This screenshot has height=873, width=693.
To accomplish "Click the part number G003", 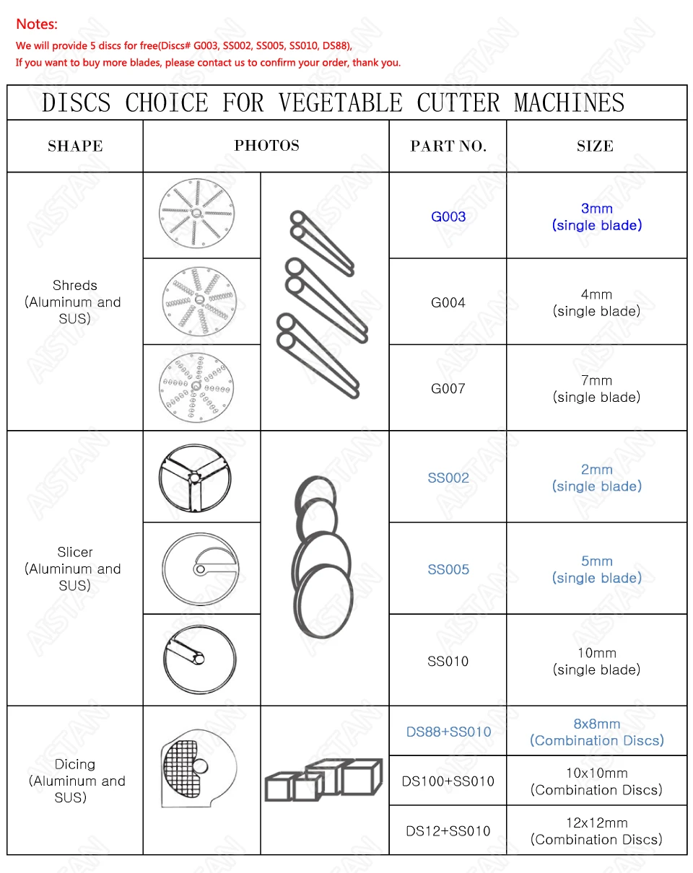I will pos(448,216).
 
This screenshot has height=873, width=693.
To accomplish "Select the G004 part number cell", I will pos(448,302).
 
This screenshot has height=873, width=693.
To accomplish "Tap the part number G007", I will pos(448,388).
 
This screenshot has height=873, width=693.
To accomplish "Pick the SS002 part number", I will pos(448,478).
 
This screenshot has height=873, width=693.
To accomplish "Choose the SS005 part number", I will pos(448,569).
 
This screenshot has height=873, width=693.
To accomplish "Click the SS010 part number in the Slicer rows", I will pos(448,661).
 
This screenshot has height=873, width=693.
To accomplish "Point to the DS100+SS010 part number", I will pos(448,781).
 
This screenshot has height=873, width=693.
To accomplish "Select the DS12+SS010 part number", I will pos(448,831).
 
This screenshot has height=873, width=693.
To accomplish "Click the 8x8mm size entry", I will pos(596,724).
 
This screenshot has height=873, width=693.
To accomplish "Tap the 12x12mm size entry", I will pos(596,822).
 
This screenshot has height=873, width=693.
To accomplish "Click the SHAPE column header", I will pos(75,146).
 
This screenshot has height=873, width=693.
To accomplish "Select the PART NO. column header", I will pos(448,146).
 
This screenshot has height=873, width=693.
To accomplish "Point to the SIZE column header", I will pos(596,146).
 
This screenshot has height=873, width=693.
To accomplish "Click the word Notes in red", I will pos(36,25).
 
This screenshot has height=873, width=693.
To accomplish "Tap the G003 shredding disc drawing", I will pos(196,214).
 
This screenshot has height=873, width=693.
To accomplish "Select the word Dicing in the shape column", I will pos(75,764).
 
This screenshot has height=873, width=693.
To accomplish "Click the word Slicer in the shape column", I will pos(75,552).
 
